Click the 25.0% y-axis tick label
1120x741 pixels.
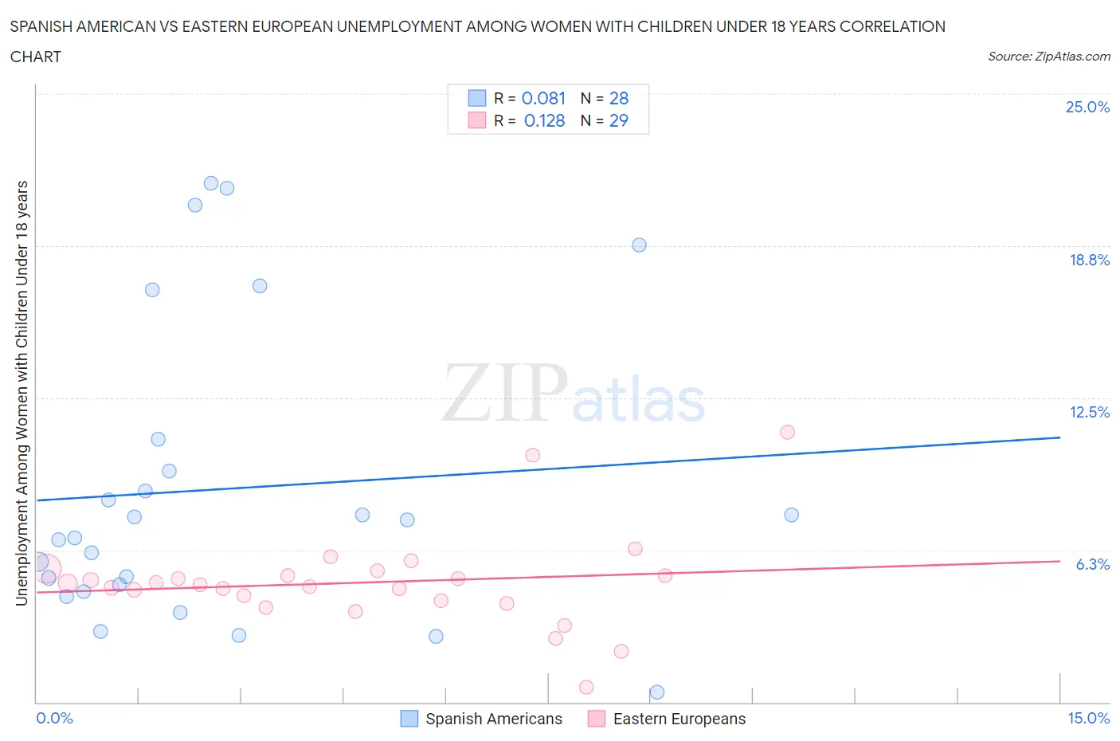(x=1087, y=107)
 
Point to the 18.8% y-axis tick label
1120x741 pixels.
(x=1089, y=260)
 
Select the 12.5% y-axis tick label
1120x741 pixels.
(x=1089, y=412)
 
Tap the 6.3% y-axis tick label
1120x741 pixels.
(x=1092, y=564)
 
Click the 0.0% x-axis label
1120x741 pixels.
(x=54, y=718)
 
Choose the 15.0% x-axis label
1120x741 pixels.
(x=1088, y=718)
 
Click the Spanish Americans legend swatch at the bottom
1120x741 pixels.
(x=409, y=719)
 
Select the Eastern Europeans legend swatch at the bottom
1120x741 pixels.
(x=596, y=719)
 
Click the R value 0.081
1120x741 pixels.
(x=543, y=98)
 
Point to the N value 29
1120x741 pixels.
(x=618, y=120)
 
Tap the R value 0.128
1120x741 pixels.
(x=544, y=120)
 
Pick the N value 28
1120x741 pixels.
(x=619, y=98)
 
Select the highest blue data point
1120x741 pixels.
(x=211, y=183)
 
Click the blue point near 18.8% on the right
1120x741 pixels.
(x=639, y=245)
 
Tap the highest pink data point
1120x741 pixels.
(x=787, y=432)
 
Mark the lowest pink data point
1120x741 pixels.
(x=586, y=687)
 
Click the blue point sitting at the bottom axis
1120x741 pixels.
(x=657, y=692)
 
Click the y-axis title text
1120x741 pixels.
(x=22, y=393)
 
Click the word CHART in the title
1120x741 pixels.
(x=36, y=57)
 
